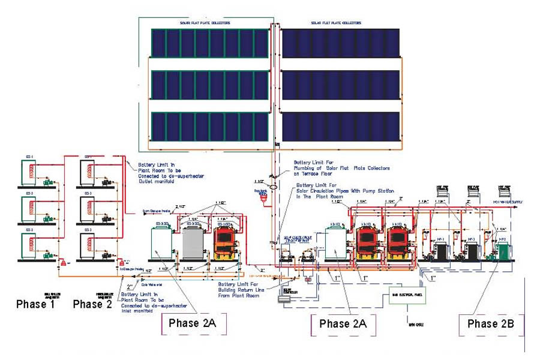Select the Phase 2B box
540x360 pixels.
[x=491, y=324]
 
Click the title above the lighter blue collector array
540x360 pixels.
[x=206, y=22]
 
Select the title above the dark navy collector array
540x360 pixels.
[x=336, y=22]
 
